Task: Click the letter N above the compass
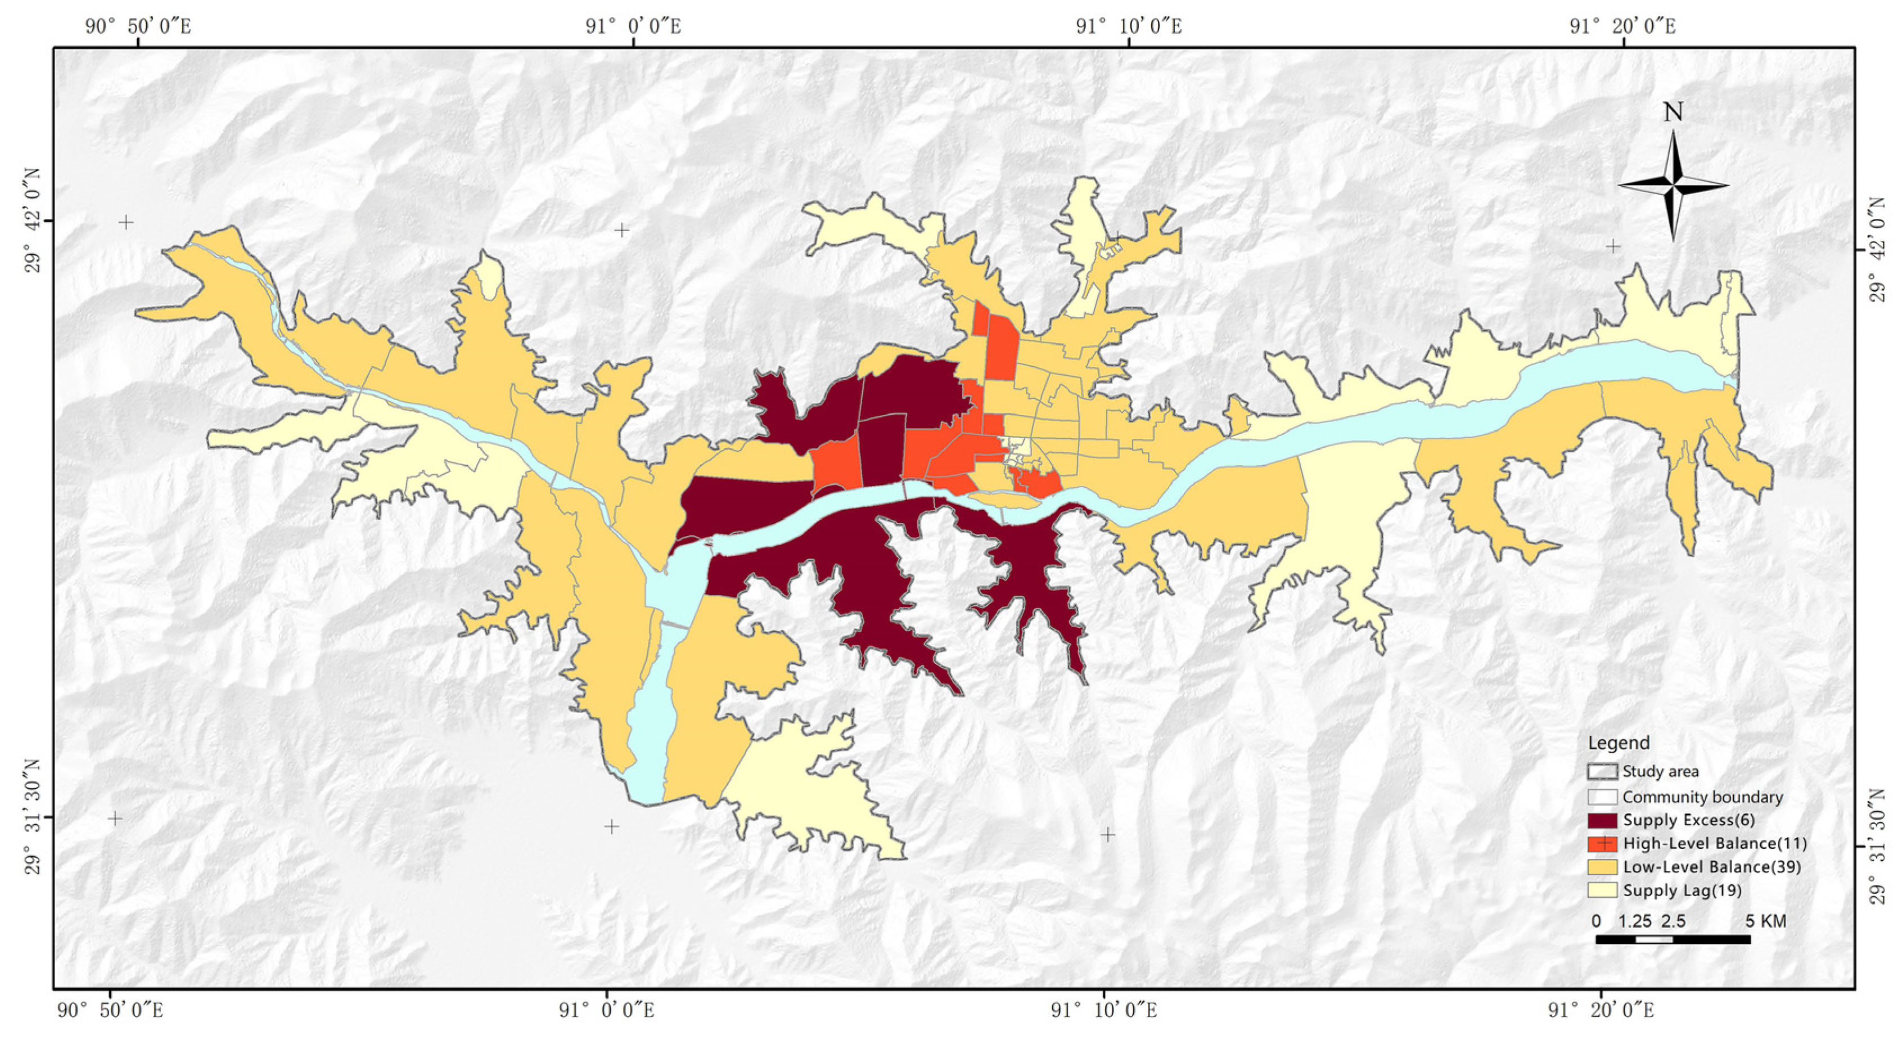pos(1673,112)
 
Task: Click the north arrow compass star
pos(1673,186)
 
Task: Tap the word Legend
pos(1619,743)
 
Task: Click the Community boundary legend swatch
pos(1603,797)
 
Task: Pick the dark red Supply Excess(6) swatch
pos(1603,821)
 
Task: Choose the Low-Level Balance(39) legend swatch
pos(1603,867)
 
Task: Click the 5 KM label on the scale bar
pos(1765,921)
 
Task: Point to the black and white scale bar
pos(1672,939)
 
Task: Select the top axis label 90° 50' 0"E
pos(138,26)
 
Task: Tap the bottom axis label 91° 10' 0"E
pos(1103,1010)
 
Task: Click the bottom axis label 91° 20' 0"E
pos(1599,1010)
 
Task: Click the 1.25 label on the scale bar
pos(1634,921)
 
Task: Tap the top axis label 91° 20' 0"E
pos(1622,26)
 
